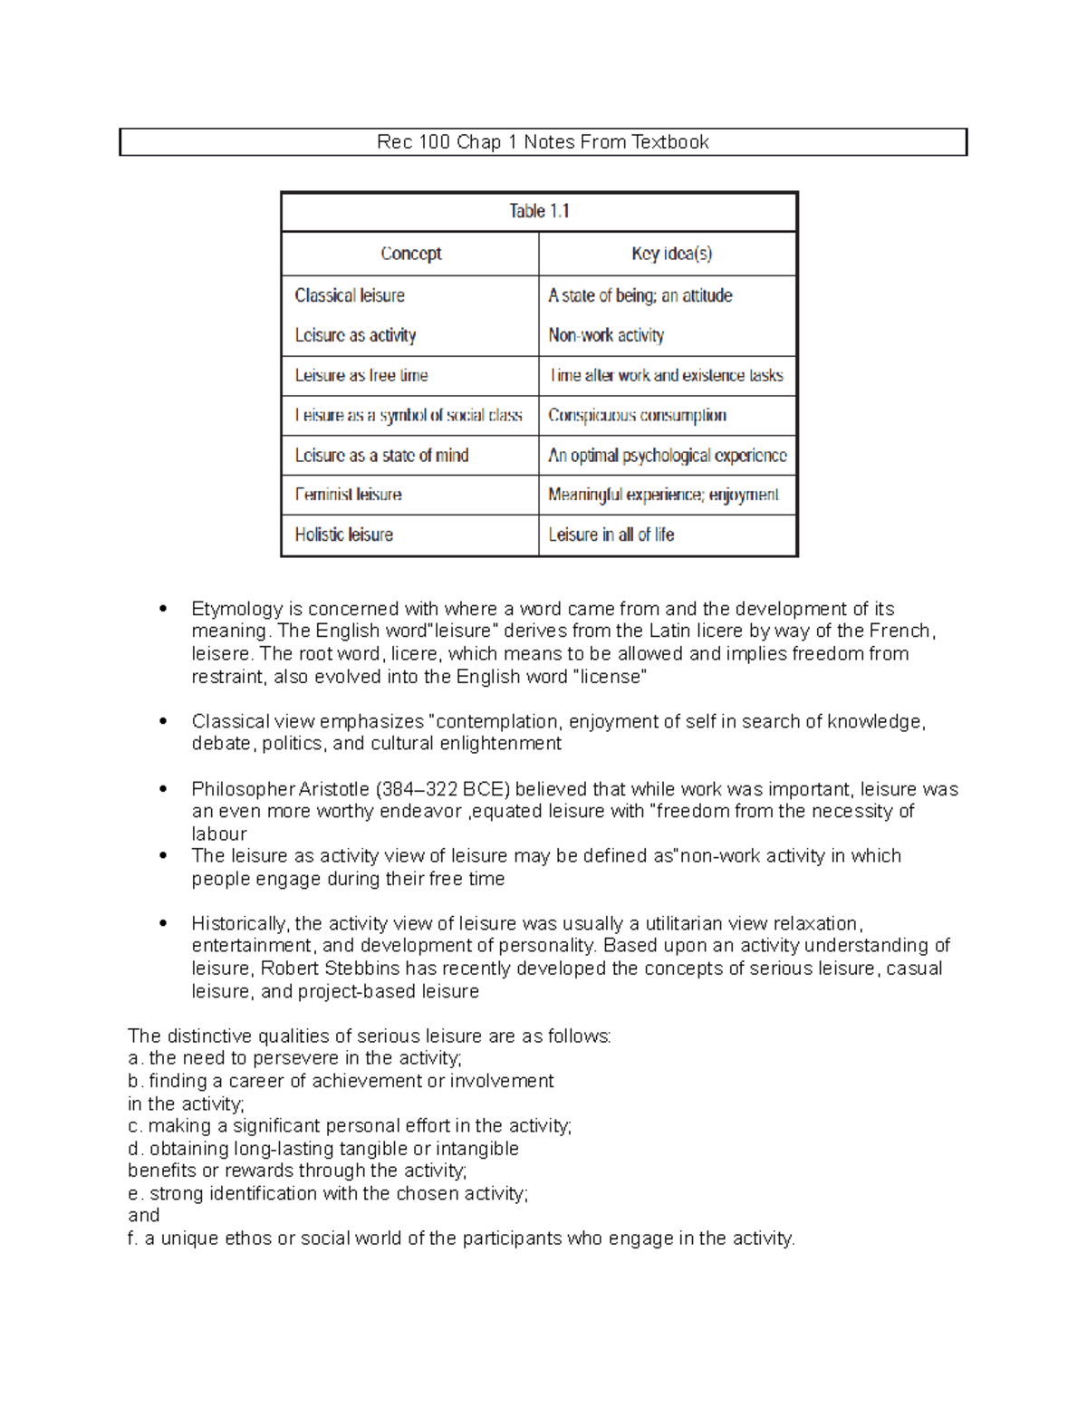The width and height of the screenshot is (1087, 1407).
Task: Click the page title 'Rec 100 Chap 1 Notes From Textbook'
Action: pyautogui.click(x=543, y=142)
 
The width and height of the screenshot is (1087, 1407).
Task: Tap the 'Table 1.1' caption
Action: pyautogui.click(x=539, y=211)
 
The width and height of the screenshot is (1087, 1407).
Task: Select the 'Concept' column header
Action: pyautogui.click(x=410, y=254)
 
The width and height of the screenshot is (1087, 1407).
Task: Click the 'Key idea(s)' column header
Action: pyautogui.click(x=671, y=254)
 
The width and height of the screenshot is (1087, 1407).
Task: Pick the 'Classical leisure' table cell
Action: pyautogui.click(x=350, y=295)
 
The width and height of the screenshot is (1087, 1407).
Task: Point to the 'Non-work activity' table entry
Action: pyautogui.click(x=606, y=335)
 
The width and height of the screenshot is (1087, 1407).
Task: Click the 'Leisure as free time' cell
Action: pyautogui.click(x=361, y=375)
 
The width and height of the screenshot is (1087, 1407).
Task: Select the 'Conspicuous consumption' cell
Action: pyautogui.click(x=637, y=415)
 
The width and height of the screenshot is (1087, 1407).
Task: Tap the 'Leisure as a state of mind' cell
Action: pyautogui.click(x=381, y=455)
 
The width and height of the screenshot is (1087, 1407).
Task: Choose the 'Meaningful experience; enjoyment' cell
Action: pyautogui.click(x=663, y=495)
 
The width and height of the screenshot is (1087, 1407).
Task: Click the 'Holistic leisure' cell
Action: pyautogui.click(x=343, y=535)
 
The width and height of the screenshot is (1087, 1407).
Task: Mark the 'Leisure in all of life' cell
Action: pyautogui.click(x=611, y=535)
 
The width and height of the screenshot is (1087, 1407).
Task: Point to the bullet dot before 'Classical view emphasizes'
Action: pyautogui.click(x=163, y=721)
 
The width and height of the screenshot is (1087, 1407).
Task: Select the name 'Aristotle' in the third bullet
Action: pyautogui.click(x=334, y=789)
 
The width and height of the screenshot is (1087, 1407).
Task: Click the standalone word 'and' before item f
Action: pyautogui.click(x=144, y=1216)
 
